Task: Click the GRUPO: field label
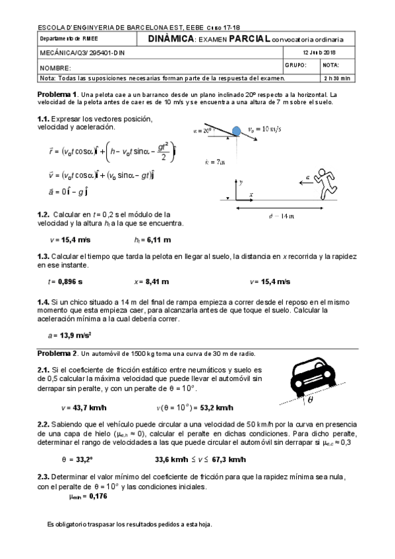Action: [295, 65]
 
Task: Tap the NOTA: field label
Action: [331, 65]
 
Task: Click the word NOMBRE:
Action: [54, 68]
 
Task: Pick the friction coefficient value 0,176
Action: [96, 496]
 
